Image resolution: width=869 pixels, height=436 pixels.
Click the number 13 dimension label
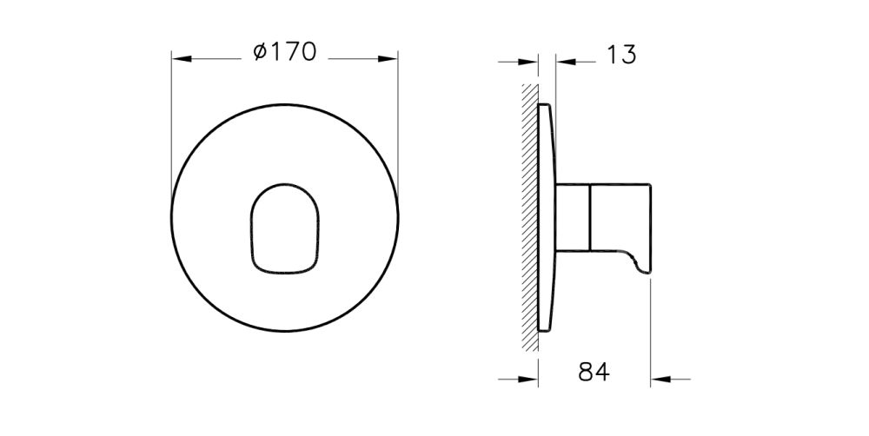pyautogui.click(x=620, y=55)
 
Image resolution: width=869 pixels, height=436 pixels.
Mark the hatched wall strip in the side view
pyautogui.click(x=528, y=217)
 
